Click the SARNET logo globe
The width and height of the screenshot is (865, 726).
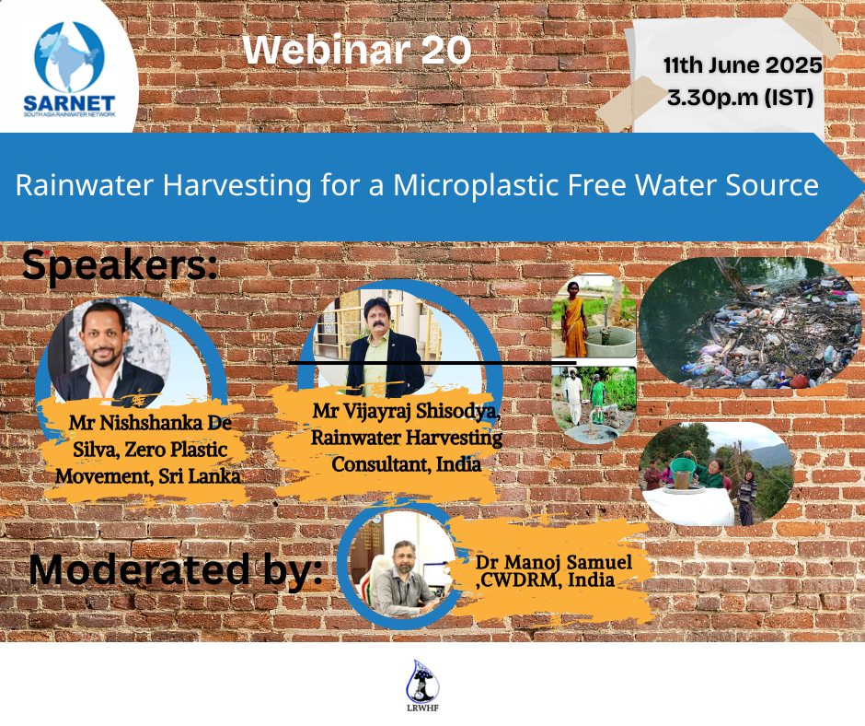point(70,57)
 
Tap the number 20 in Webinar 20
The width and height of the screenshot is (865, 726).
point(445,51)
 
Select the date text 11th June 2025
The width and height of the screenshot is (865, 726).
point(743,65)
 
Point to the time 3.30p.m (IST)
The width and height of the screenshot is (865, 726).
point(741,98)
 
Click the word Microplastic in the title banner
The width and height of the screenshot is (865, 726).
point(476,185)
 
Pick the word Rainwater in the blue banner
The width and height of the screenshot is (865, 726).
point(85,185)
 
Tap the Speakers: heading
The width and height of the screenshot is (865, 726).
point(120,265)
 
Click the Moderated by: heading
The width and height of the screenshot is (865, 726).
point(176,569)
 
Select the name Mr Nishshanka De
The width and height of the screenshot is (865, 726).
point(150,423)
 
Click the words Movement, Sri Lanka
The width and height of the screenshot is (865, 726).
point(148,476)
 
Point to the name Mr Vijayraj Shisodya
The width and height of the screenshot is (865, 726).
point(406,411)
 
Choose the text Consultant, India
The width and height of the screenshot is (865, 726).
point(406,464)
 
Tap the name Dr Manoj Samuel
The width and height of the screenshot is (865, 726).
point(554,562)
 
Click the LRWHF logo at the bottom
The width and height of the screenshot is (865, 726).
point(422,685)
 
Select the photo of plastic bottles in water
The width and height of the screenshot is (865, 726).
point(751,322)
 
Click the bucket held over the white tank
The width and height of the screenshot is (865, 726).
point(683,473)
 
